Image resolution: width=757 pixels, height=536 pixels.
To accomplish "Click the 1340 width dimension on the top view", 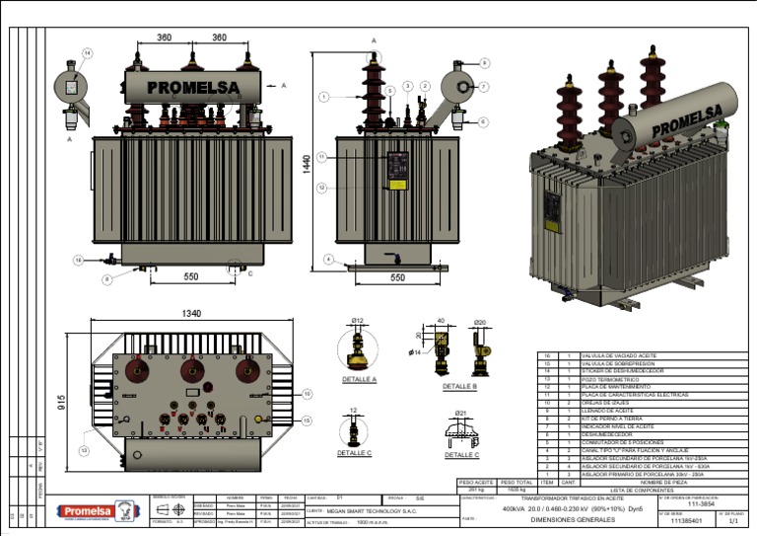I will click(191, 313).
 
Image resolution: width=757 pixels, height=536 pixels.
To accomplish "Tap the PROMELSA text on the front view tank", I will click(193, 88).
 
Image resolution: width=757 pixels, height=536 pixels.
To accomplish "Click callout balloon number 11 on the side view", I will click(321, 157).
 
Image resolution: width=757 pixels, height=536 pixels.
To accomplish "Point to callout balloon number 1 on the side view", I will click(322, 97).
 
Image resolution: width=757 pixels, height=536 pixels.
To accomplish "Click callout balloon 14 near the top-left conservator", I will click(87, 52).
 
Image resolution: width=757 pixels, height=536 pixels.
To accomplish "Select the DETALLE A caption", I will click(359, 379).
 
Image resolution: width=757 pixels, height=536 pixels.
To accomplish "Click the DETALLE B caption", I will click(459, 386).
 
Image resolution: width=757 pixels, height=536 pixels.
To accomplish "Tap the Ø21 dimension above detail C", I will click(460, 413).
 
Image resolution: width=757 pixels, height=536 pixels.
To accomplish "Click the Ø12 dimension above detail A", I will click(358, 321).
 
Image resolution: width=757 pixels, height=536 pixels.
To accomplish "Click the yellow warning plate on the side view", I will click(397, 183).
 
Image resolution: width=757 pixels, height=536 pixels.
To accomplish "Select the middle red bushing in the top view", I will click(191, 369).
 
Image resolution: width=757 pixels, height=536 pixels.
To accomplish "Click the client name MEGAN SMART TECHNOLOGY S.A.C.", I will click(374, 512).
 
